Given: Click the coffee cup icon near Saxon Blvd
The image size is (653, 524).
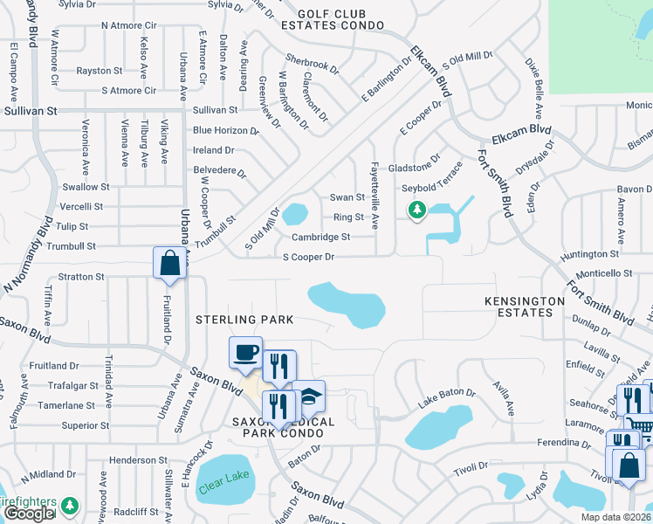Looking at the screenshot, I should (x=245, y=353).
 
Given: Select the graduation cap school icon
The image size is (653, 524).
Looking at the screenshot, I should (x=308, y=396).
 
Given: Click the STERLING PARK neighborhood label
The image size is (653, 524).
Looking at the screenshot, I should (x=244, y=321).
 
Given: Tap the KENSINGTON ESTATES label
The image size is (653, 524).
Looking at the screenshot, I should (x=525, y=307).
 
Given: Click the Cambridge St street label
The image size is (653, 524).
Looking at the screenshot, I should (x=320, y=237).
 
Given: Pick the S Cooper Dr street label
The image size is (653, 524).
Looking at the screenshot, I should (x=308, y=257).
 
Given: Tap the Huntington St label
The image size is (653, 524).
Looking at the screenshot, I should (x=590, y=254).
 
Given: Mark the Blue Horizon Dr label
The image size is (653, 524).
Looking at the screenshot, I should (x=226, y=130).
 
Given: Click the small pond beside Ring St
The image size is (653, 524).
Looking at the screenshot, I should (x=294, y=213).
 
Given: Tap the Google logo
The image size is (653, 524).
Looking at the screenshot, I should (x=29, y=514).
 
